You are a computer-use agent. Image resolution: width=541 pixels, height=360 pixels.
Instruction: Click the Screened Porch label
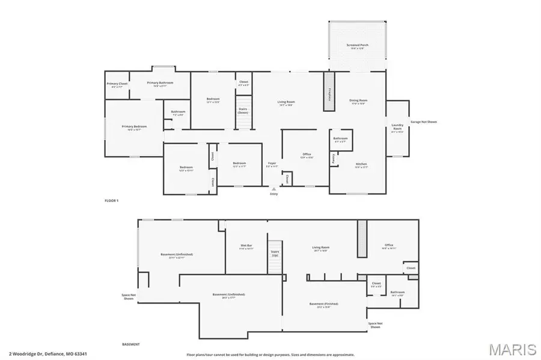coord(357,46)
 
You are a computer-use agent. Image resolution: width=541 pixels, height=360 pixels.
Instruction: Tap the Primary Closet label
coord(117,84)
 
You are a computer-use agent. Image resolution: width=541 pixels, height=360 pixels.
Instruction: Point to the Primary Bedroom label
coord(134,127)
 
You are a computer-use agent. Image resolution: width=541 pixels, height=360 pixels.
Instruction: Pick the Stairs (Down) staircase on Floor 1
coord(243,119)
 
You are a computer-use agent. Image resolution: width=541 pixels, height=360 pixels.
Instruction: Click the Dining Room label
coord(358,101)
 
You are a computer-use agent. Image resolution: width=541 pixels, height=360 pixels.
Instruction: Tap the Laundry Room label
coord(397,127)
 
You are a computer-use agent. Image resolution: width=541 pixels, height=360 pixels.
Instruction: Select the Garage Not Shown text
coord(423,122)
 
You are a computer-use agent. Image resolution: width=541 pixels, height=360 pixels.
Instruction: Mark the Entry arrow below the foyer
coord(274,189)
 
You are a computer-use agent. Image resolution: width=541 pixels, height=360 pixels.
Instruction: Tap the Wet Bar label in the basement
coord(246,246)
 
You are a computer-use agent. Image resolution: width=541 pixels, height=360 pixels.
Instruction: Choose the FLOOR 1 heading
coord(112,200)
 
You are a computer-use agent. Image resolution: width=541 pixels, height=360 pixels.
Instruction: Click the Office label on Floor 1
coord(307,155)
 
